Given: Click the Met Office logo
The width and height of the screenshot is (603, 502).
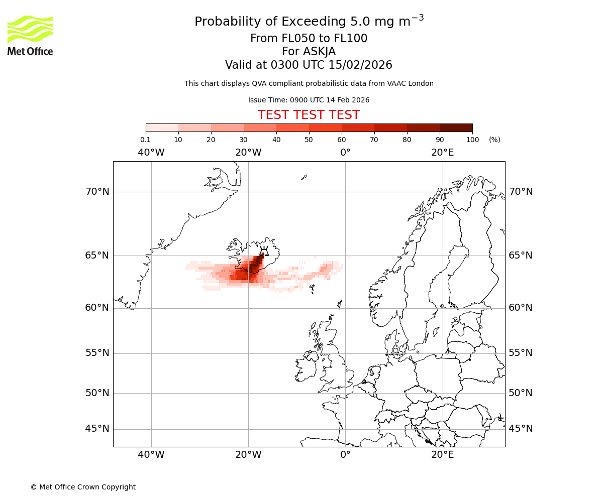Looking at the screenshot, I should click(x=30, y=35).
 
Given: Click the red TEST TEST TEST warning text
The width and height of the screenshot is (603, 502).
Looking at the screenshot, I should click(x=309, y=115).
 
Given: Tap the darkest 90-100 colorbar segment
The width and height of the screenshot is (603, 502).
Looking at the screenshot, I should click(x=456, y=128).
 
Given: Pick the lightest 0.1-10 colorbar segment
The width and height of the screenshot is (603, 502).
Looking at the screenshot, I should click(x=162, y=128).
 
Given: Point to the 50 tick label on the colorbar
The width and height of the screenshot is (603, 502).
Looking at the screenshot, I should click(x=309, y=140).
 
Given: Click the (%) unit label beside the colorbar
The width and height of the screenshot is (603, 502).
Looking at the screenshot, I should click(x=494, y=140).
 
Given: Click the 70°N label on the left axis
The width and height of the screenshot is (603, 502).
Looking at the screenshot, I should click(x=97, y=191).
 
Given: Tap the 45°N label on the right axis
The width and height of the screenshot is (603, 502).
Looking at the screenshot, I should click(x=521, y=428).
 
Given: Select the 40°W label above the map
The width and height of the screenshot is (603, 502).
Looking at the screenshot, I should click(x=151, y=152).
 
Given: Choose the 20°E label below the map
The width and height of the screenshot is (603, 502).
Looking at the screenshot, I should click(x=442, y=455).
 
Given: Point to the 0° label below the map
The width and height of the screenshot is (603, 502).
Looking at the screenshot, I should click(x=345, y=455).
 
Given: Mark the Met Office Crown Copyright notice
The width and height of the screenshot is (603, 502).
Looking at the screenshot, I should click(x=83, y=487).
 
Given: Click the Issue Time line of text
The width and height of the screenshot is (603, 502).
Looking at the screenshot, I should click(x=309, y=100).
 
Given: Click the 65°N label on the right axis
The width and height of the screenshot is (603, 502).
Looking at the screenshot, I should click(x=521, y=255).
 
